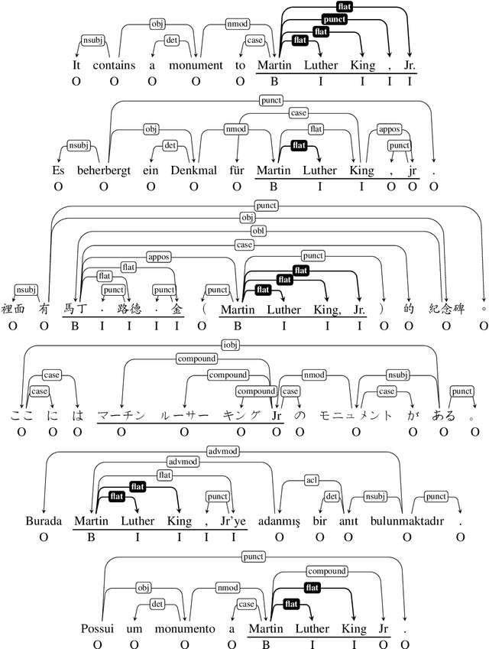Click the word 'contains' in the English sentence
(114, 66)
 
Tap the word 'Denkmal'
(201, 170)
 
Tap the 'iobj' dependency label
(229, 343)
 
